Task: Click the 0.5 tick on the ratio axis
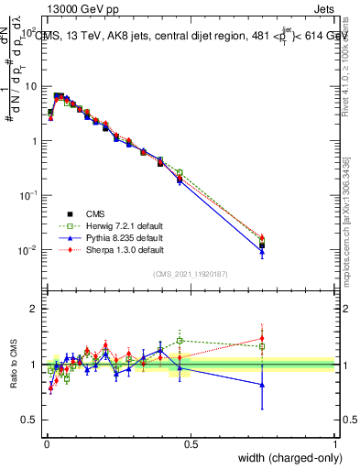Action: (x=31, y=420)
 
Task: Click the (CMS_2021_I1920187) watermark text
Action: (x=190, y=273)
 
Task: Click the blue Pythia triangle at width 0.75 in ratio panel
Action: (x=262, y=386)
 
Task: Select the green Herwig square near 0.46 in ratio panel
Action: (x=180, y=341)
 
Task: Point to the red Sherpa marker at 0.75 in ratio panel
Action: (x=262, y=338)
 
